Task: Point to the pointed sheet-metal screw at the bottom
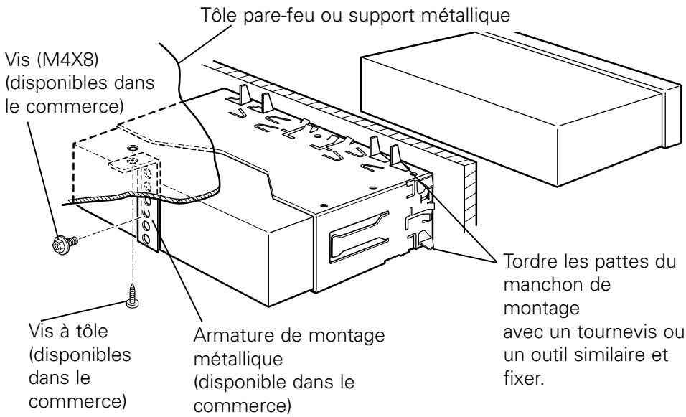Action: pyautogui.click(x=132, y=296)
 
